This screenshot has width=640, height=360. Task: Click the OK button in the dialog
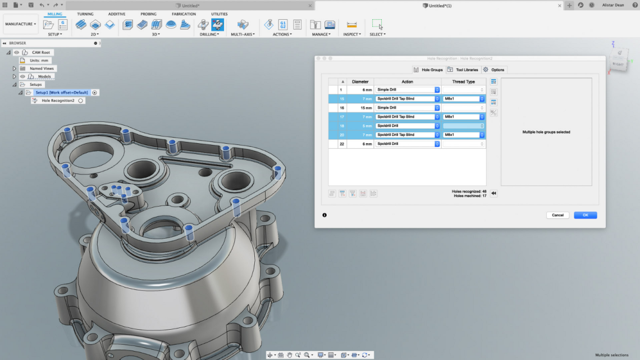[x=585, y=215]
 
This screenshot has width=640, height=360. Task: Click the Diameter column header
[x=360, y=81]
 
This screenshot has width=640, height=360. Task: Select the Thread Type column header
[x=463, y=81]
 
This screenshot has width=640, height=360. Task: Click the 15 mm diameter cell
[x=360, y=108]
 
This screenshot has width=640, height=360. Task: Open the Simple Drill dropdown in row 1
[x=408, y=90]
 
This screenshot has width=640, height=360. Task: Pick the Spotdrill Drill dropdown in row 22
[x=408, y=144]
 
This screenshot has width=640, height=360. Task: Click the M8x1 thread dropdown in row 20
[x=463, y=135]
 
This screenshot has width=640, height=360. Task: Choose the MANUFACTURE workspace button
[x=21, y=24]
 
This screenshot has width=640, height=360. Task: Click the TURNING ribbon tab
[x=85, y=14]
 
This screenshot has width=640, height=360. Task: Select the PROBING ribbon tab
[x=148, y=14]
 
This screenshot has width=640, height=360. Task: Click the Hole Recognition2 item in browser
[x=58, y=101]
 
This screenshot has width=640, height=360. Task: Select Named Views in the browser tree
[x=42, y=69]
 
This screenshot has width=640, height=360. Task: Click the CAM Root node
[x=41, y=52]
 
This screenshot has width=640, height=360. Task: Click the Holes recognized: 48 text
[x=469, y=192]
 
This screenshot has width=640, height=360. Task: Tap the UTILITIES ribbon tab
[x=220, y=14]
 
